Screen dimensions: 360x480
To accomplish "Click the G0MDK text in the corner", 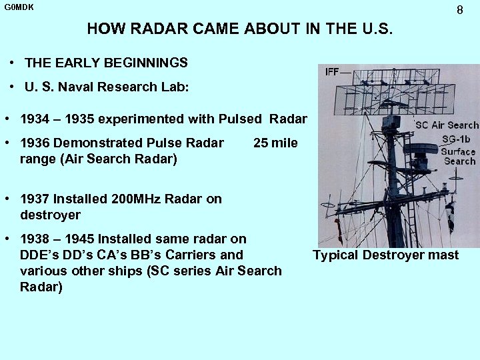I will coord(19,7).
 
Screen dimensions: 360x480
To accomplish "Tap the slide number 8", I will coord(460,10).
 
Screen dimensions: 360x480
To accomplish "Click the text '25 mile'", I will coord(276,143).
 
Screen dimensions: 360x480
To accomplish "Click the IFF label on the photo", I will coord(332,72).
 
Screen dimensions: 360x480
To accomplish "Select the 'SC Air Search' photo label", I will coord(447,125).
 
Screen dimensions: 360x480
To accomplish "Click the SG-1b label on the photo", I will coord(457,139).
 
